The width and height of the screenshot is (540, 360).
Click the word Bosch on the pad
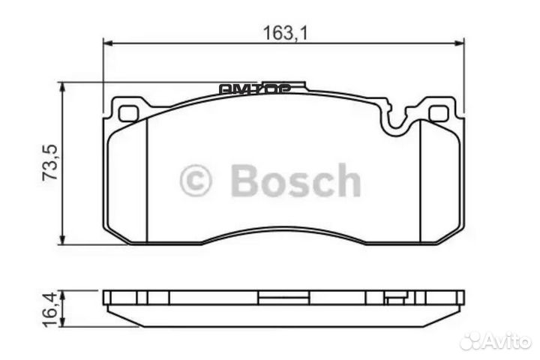pyautogui.click(x=295, y=181)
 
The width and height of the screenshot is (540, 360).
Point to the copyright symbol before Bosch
pyautogui.click(x=196, y=181)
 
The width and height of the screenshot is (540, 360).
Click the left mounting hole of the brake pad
pyautogui.click(x=129, y=115)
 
